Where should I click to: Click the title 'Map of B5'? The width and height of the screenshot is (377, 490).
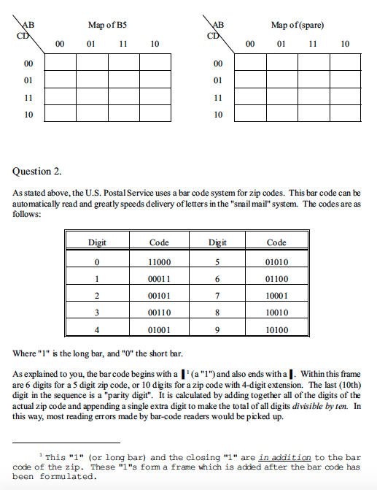107,25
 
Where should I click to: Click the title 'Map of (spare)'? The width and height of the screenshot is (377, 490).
297,25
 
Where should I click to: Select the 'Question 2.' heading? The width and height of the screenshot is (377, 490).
37,172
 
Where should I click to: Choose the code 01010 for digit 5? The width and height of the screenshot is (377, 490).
276,261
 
